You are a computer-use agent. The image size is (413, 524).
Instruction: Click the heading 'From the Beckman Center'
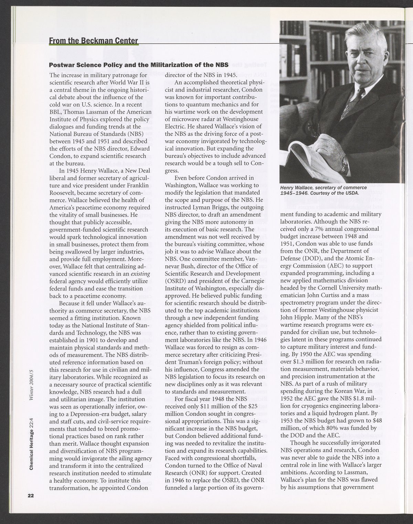coord(93,41)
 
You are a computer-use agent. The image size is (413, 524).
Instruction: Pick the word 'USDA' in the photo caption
coord(351,193)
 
